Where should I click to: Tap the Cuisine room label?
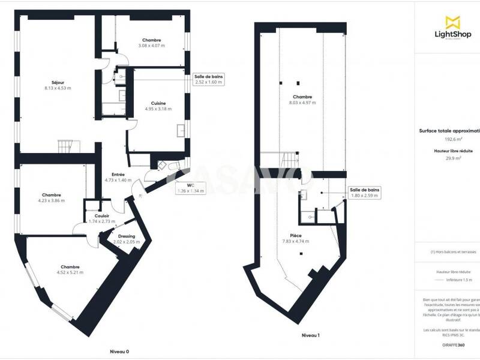[158, 103]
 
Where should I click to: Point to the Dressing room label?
[127, 236]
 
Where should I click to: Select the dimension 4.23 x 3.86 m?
[52, 200]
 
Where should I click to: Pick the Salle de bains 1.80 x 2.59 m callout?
[365, 193]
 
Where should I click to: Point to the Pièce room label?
[295, 236]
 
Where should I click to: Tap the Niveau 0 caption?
[119, 352]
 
